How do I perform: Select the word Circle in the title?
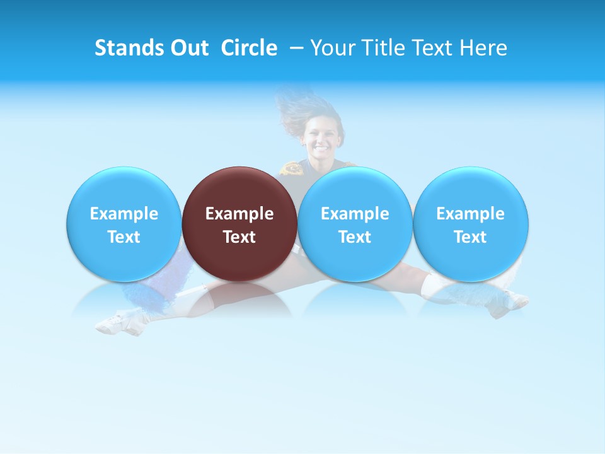click(x=249, y=48)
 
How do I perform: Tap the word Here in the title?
click(x=483, y=48)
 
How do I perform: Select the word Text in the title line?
click(x=430, y=48)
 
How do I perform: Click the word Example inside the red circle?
click(x=239, y=214)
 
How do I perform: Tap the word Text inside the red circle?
click(x=239, y=237)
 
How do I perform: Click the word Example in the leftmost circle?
click(x=124, y=214)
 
